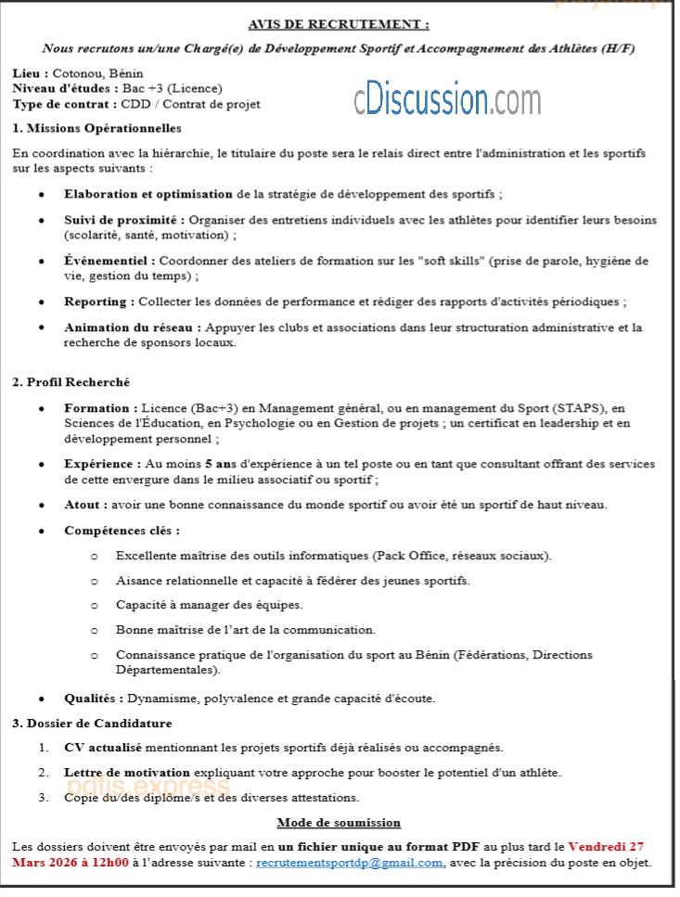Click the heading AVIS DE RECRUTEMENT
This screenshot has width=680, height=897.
tap(339, 24)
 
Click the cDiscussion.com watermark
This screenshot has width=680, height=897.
tap(446, 98)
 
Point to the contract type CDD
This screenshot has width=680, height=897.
tap(137, 104)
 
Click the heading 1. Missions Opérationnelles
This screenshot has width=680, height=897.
tap(97, 128)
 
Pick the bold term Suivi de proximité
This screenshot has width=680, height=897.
tap(122, 220)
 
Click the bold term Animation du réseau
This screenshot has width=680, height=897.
tap(131, 327)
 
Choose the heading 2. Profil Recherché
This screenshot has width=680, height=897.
tap(71, 381)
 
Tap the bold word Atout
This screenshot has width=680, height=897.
tap(83, 505)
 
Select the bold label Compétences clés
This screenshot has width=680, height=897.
tap(120, 531)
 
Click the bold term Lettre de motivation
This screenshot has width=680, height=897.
tap(127, 772)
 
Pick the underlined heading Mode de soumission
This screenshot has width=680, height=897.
tap(339, 822)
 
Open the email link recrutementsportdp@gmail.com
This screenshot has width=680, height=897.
tap(350, 863)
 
